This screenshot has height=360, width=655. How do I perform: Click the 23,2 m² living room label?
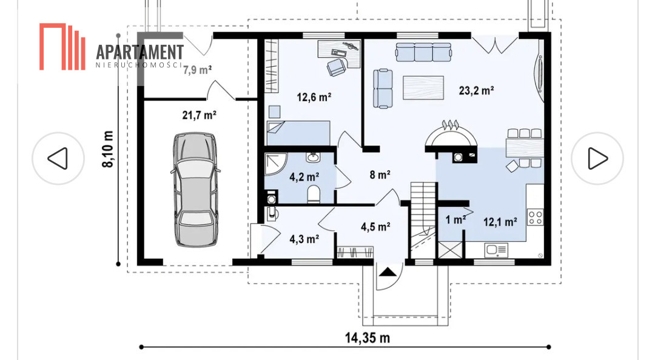tap(476, 90)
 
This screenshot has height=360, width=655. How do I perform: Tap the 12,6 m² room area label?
tap(314, 98)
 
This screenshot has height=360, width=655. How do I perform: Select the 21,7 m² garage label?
tap(200, 115)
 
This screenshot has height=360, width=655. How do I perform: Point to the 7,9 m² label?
tap(197, 70)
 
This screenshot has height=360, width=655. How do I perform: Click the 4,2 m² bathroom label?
tap(304, 177)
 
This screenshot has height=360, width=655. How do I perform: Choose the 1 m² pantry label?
tap(455, 219)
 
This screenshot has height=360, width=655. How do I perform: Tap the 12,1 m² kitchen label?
tap(500, 222)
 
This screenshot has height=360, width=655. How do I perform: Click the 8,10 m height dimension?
tap(108, 149)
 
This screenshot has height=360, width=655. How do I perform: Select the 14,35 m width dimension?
tap(367, 338)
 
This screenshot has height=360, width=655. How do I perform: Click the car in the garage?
tap(196, 190)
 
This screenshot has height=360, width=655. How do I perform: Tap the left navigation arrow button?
tap(58, 159)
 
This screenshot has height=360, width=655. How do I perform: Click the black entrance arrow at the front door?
tap(388, 272)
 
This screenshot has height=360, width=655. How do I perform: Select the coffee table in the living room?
tap(423, 87)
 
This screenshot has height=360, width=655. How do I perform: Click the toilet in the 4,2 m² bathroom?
tap(314, 194)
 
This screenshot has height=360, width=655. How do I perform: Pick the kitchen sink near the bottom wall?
tap(496, 250)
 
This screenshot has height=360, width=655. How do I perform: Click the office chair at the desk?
tap(337, 67)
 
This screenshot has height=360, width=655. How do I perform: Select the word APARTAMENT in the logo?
tap(139, 52)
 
